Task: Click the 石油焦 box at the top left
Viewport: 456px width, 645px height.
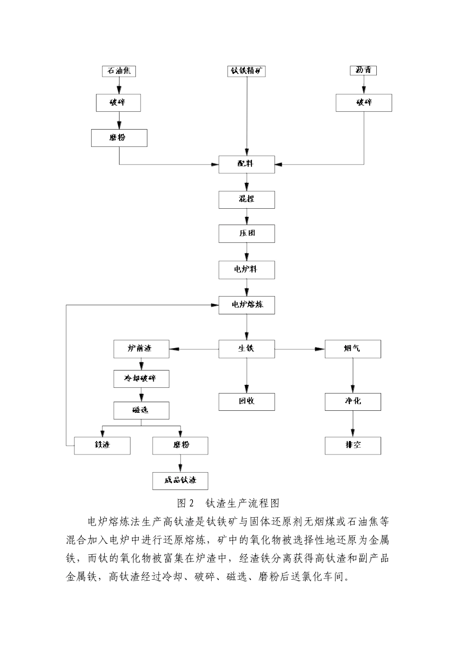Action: pos(119,71)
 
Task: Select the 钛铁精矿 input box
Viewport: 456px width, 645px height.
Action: pos(246,71)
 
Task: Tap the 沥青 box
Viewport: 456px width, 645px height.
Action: pos(363,71)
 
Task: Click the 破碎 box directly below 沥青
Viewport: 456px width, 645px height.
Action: pos(363,103)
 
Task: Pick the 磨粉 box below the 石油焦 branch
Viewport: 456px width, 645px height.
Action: pos(119,138)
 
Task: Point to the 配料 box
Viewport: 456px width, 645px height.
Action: pos(247,164)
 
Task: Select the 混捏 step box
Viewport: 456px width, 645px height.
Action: pos(247,199)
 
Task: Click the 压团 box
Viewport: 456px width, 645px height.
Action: pos(247,234)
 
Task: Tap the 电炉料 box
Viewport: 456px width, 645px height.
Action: pos(247,270)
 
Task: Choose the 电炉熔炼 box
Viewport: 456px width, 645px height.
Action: pos(247,305)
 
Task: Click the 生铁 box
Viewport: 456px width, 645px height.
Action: pos(247,349)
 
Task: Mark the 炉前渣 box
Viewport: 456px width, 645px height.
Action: pos(141,349)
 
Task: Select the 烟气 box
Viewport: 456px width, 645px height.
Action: pos(353,349)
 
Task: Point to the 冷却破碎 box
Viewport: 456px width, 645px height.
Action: pos(141,379)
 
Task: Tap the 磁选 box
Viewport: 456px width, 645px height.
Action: pos(141,410)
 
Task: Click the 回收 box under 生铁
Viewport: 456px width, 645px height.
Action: pos(247,402)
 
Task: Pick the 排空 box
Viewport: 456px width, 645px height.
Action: pos(353,445)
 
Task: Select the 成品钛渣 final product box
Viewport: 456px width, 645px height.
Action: pos(180,481)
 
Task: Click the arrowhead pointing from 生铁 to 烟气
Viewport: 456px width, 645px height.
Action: pos(320,349)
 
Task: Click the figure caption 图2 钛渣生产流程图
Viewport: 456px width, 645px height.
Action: pos(228,503)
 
